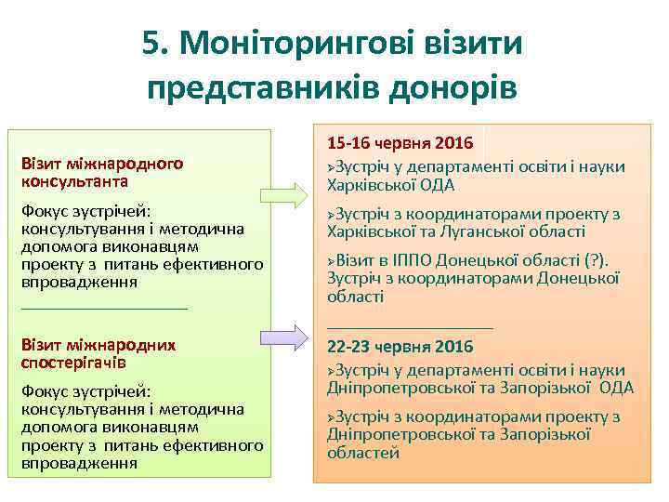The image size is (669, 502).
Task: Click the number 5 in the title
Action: coord(153,43)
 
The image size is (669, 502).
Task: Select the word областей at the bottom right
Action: coord(363,453)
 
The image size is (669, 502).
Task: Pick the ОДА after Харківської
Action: coord(436,184)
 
